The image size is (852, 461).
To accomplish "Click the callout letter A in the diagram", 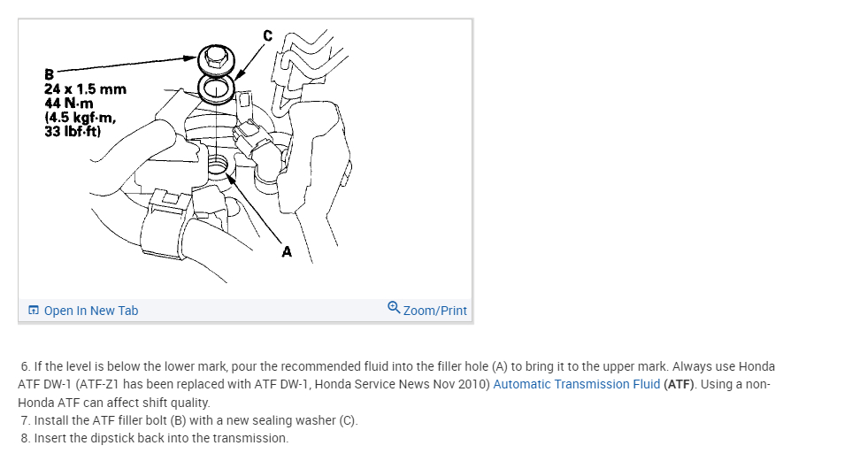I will click(286, 252).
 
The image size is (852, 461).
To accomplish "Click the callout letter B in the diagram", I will click(50, 74).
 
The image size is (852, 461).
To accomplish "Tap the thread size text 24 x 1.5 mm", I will click(85, 89).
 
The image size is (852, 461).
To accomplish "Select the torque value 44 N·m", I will click(67, 104).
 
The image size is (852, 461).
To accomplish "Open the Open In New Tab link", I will click(90, 311).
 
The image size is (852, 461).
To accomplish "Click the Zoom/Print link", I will click(434, 311).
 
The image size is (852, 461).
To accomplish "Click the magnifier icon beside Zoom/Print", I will click(394, 309).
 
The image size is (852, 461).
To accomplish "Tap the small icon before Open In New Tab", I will click(34, 311).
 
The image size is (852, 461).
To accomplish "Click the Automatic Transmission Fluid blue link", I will click(576, 384).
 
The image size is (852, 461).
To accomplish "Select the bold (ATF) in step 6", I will click(680, 384).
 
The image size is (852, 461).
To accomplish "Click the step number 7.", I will click(25, 420).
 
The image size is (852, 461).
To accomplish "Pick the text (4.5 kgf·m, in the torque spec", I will click(80, 118).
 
